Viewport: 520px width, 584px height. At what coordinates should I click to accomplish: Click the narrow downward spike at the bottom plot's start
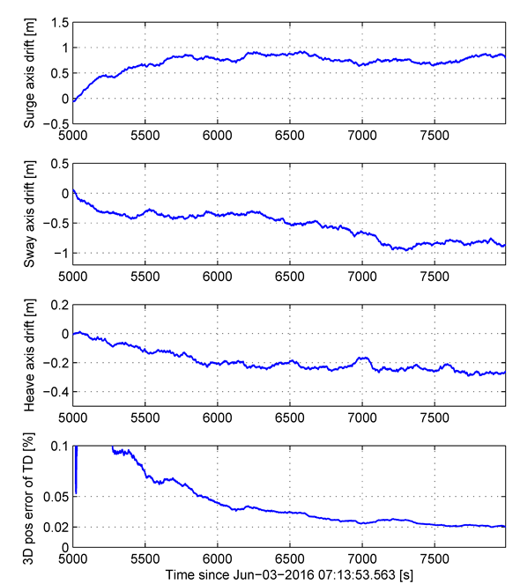(x=76, y=492)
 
